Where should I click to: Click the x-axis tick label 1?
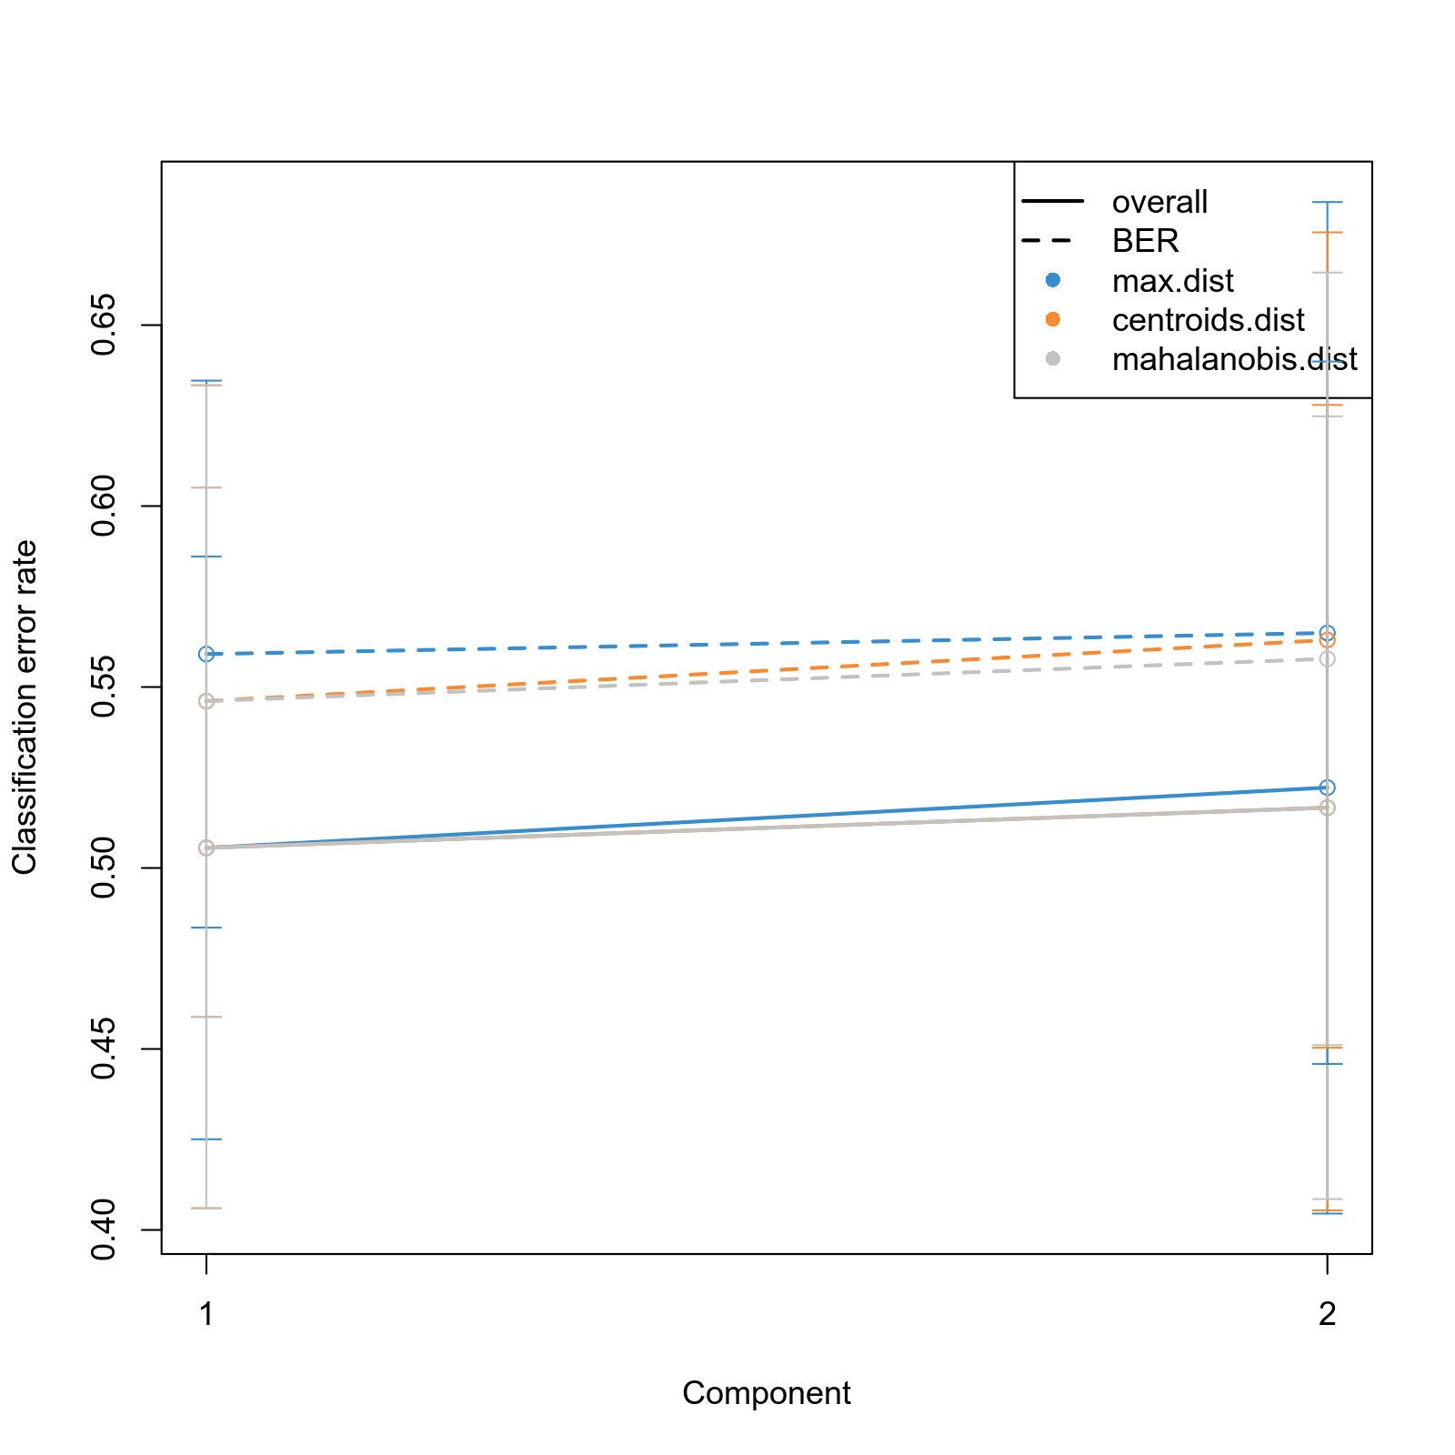[206, 1314]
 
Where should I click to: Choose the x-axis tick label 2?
[1327, 1314]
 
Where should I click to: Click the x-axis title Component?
[766, 1393]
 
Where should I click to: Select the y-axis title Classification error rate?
[25, 707]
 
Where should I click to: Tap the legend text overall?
[1159, 202]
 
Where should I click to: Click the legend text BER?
[1145, 241]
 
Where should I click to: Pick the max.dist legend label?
[1172, 281]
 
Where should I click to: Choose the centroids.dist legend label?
[1208, 320]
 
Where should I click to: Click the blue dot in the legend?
[1052, 280]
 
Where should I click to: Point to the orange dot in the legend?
[1052, 319]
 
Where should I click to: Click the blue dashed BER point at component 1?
[206, 654]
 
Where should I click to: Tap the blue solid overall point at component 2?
[1327, 788]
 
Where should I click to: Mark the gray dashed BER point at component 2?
[1327, 658]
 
